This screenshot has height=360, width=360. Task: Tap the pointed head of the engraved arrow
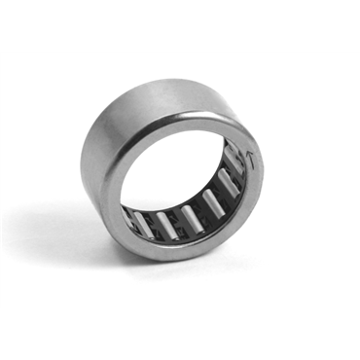pyautogui.click(x=249, y=154)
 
